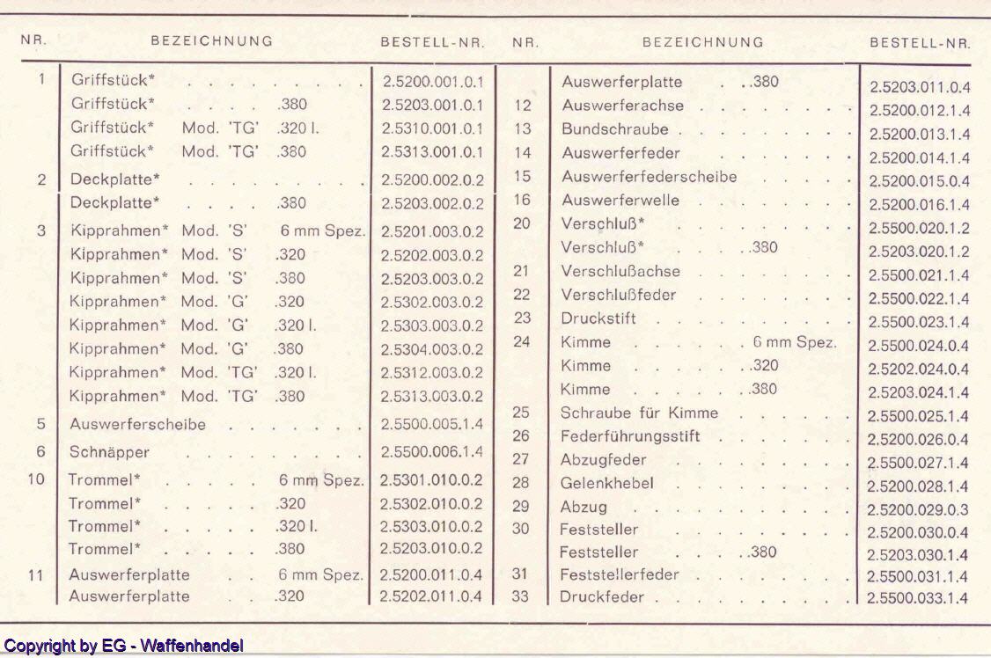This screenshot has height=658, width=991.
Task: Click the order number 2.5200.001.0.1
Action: pyautogui.click(x=432, y=81)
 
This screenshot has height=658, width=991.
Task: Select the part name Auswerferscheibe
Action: pyautogui.click(x=137, y=424)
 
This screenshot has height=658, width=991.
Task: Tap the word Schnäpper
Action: pyautogui.click(x=109, y=452)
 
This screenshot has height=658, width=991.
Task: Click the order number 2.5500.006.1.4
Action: pyautogui.click(x=432, y=451)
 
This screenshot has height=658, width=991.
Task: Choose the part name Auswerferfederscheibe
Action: pyautogui.click(x=649, y=177)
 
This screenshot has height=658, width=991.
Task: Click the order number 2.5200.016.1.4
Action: pyautogui.click(x=919, y=205)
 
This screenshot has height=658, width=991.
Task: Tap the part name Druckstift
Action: pyautogui.click(x=598, y=318)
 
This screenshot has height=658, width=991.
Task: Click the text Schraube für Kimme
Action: pyautogui.click(x=639, y=413)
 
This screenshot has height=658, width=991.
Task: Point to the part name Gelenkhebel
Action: pyautogui.click(x=606, y=483)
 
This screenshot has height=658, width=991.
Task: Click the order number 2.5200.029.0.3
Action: pyautogui.click(x=918, y=509)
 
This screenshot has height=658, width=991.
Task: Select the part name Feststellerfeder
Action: pyautogui.click(x=619, y=574)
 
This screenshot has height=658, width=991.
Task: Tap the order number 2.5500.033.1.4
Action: pyautogui.click(x=918, y=599)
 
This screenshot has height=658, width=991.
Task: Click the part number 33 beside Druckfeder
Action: pyautogui.click(x=521, y=597)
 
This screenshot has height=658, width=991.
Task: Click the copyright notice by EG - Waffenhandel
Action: pyautogui.click(x=123, y=646)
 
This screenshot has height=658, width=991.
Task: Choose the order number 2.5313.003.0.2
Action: pyautogui.click(x=432, y=396)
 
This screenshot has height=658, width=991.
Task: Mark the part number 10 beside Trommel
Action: pyautogui.click(x=35, y=480)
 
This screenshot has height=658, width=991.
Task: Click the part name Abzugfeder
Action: pyautogui.click(x=603, y=459)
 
